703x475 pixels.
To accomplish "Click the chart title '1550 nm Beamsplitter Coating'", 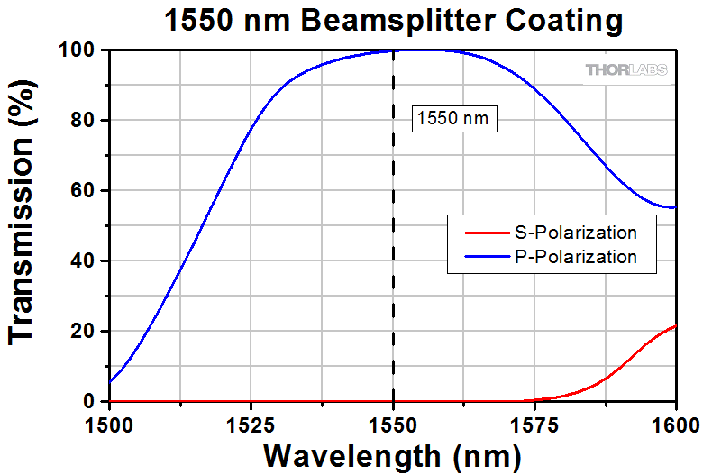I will [393, 19].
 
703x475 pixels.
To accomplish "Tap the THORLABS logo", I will [628, 69].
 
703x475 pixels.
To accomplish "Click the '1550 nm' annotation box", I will [455, 118].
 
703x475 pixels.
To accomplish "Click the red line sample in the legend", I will [488, 233].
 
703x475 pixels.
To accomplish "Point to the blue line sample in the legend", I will [488, 257].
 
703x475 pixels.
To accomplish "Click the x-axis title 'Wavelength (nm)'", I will [393, 453].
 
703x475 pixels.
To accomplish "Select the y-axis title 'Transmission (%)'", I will [24, 225].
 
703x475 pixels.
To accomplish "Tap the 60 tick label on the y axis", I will [86, 191].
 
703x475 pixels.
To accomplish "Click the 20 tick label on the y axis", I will [86, 332].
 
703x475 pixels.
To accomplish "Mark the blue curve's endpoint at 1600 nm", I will [675, 207].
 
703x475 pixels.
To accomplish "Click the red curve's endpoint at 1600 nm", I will [675, 326].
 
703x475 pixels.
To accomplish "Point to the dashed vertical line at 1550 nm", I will [393, 270].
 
